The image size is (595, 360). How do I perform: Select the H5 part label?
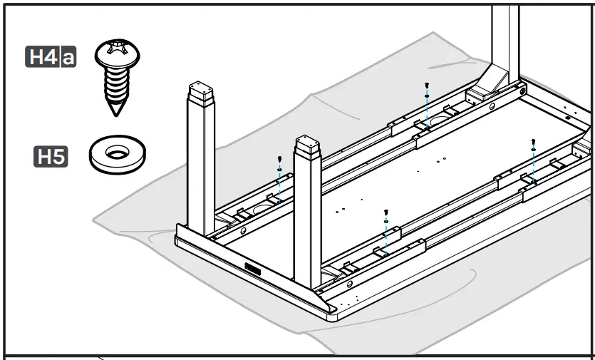[x=51, y=156]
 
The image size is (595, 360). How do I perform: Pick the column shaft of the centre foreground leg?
[x=307, y=221]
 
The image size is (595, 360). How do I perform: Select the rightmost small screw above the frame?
[x=533, y=141]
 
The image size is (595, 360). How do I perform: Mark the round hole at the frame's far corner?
[x=523, y=91]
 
